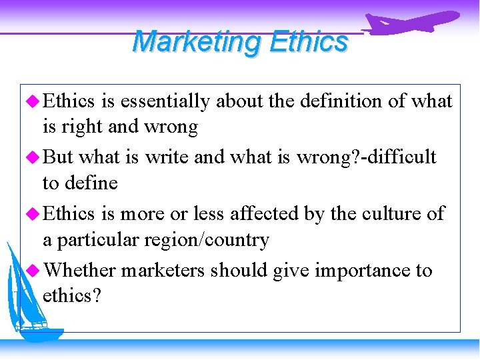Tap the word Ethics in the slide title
pos(309,41)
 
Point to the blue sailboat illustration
pos(30,293)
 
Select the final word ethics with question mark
pos(72,296)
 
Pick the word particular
pos(99,239)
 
